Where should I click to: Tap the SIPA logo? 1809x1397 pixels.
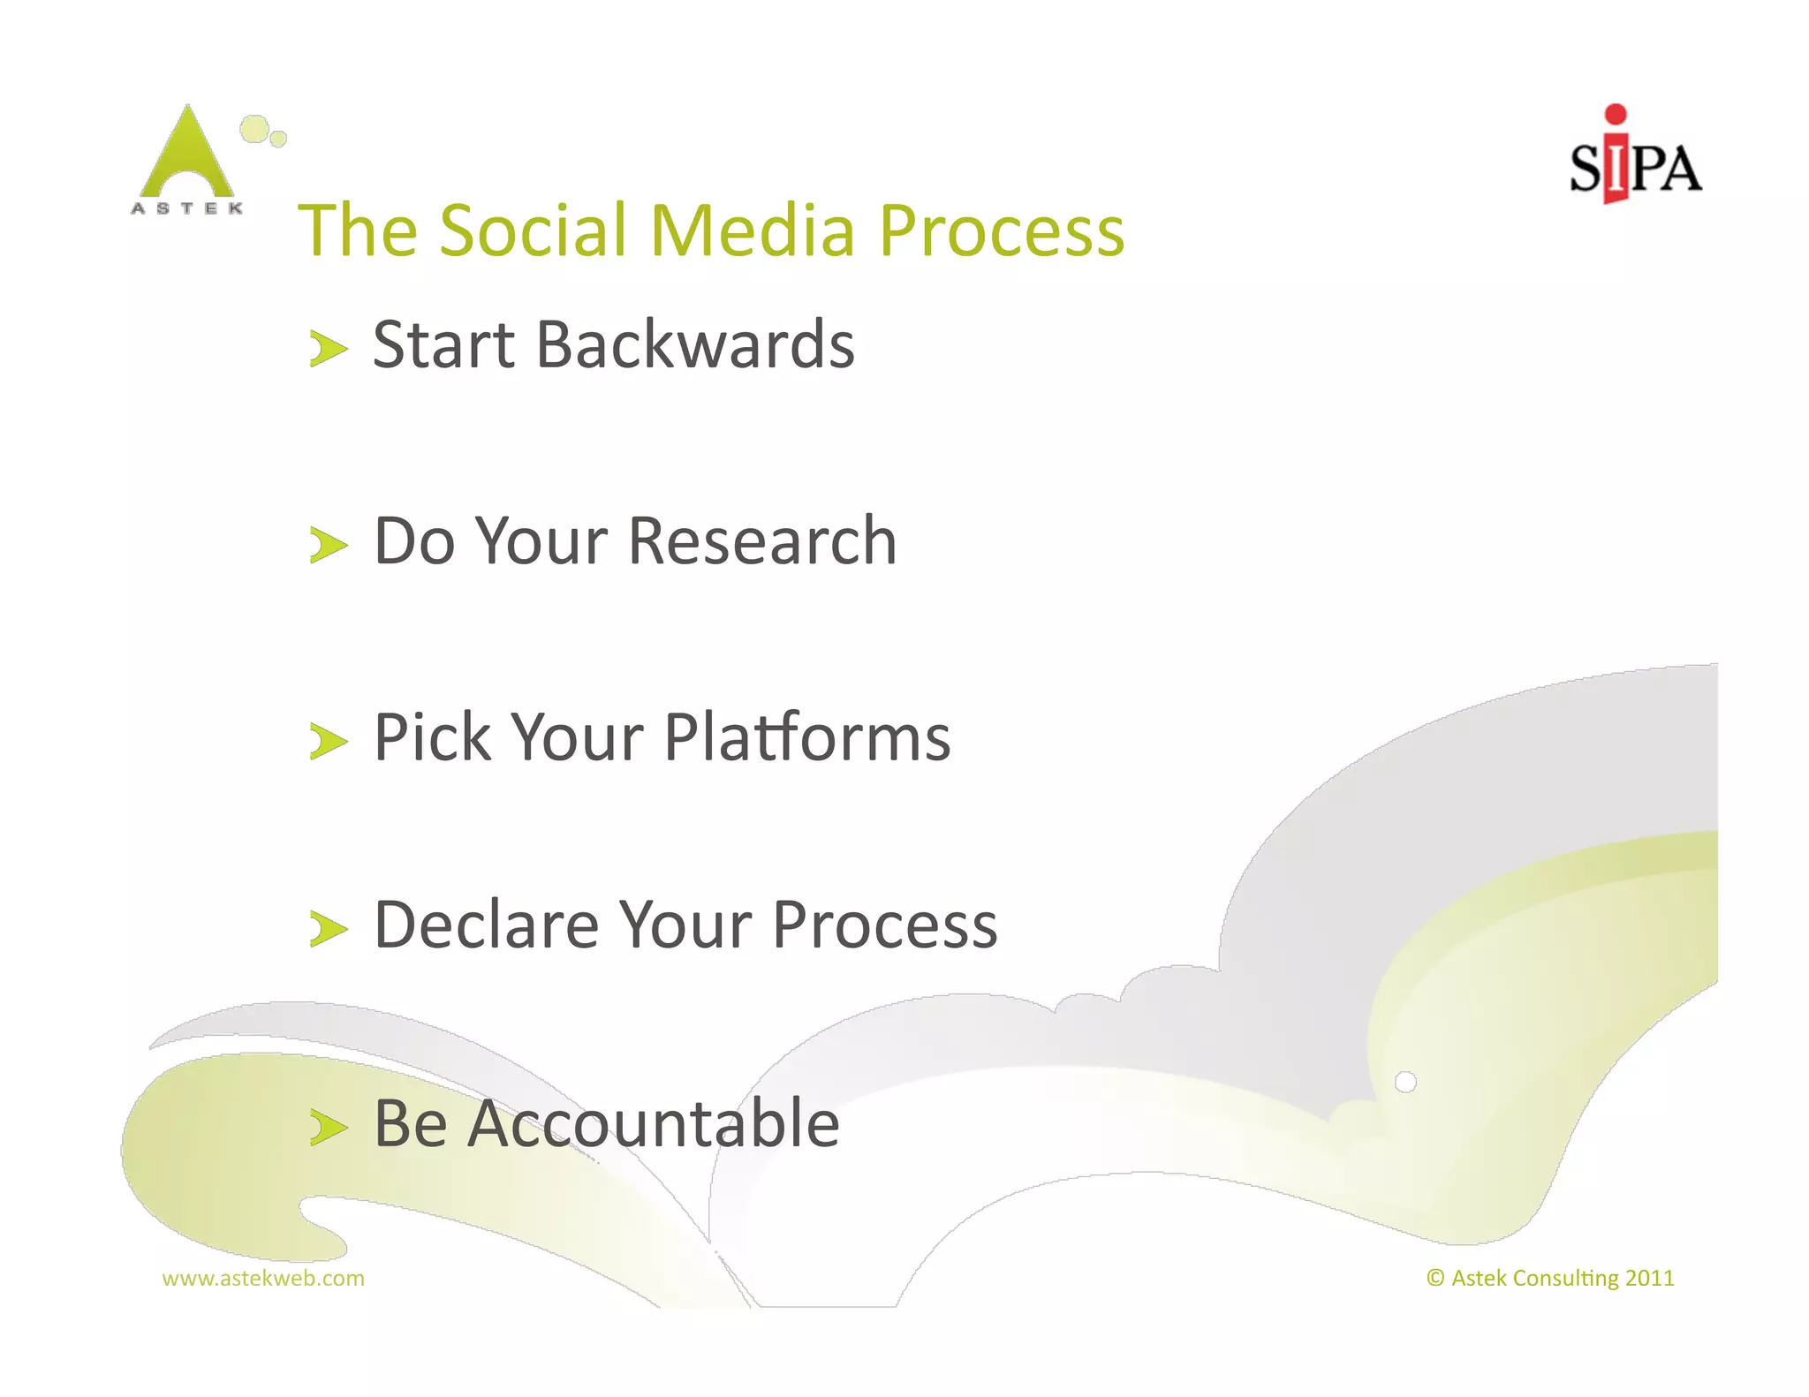coord(1635,159)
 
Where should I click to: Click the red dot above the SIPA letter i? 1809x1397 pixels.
coord(1616,114)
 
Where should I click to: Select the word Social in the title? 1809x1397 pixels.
coord(534,230)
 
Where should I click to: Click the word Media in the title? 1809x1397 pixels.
coord(753,230)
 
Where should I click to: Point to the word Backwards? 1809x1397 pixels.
coord(695,344)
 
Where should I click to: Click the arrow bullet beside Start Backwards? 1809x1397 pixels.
coord(329,349)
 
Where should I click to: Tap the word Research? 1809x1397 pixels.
coord(762,540)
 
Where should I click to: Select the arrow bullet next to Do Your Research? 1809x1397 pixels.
coord(329,545)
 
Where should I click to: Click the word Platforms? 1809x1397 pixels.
coord(806,737)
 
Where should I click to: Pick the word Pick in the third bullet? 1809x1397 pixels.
coord(433,737)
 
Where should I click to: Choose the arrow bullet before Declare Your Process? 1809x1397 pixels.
coord(329,929)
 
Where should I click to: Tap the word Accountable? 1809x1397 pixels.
coord(653,1123)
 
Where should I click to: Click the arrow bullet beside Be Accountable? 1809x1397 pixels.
coord(329,1128)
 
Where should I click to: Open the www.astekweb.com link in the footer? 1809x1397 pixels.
coord(263,1278)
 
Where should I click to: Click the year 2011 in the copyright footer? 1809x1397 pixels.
coord(1649,1278)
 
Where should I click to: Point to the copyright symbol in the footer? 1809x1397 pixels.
coord(1435,1278)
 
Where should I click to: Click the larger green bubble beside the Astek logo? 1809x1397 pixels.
coord(254,129)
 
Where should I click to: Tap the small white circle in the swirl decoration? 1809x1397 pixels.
coord(1405,1082)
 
